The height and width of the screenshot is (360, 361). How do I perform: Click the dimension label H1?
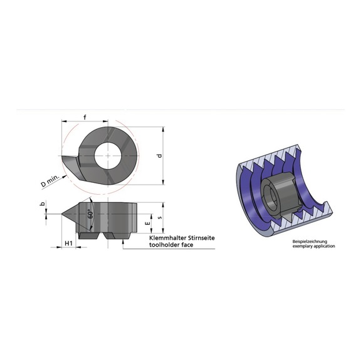point(70,242)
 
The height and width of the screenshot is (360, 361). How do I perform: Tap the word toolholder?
point(163,245)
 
